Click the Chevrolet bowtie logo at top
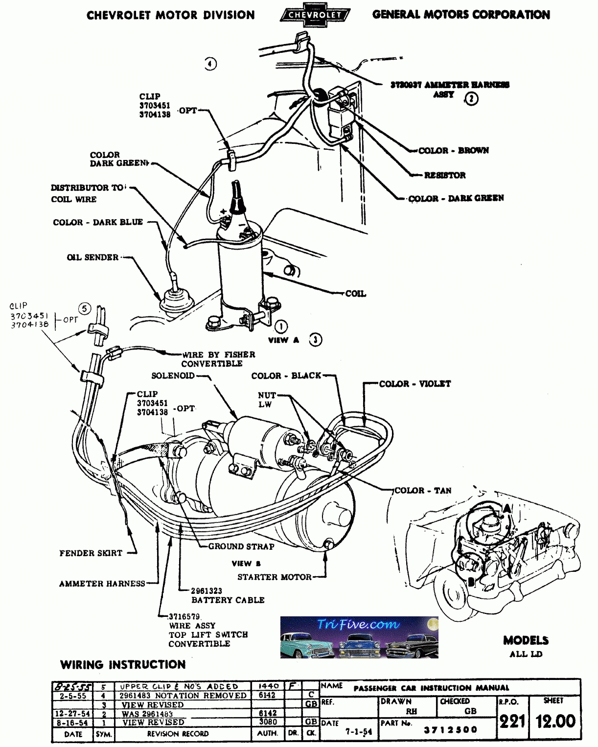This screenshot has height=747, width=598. point(314,15)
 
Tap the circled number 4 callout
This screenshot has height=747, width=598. point(210,64)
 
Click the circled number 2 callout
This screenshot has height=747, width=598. point(471,99)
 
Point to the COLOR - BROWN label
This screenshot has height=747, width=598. point(453,150)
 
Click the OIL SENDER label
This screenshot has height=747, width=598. point(92,257)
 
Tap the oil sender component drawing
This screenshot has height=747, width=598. point(173,298)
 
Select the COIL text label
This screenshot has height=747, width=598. point(355,294)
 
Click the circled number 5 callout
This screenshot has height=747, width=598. point(85,309)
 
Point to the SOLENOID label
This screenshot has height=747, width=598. point(173,376)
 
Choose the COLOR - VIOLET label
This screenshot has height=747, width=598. point(415,384)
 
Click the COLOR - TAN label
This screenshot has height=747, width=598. point(423,490)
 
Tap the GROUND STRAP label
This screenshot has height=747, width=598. point(241,546)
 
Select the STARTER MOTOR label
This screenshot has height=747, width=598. point(274,577)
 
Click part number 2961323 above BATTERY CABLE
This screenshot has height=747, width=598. point(207,591)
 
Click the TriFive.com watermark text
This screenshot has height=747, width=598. point(358,625)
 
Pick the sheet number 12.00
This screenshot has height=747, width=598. point(555,721)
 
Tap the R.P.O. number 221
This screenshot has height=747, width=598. point(512,721)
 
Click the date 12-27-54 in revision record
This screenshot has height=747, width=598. point(72,714)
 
